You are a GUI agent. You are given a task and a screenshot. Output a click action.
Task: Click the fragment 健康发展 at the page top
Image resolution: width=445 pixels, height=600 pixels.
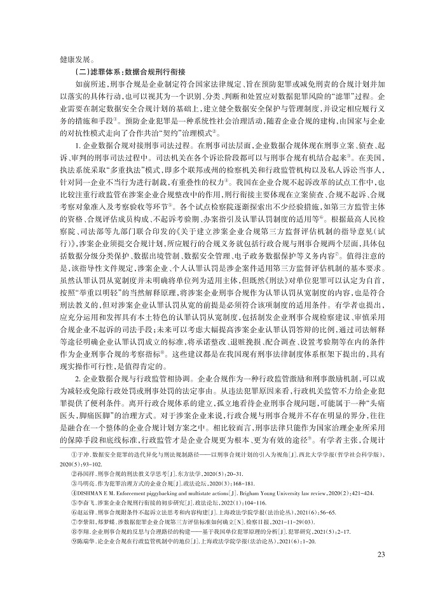tap(73, 55)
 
